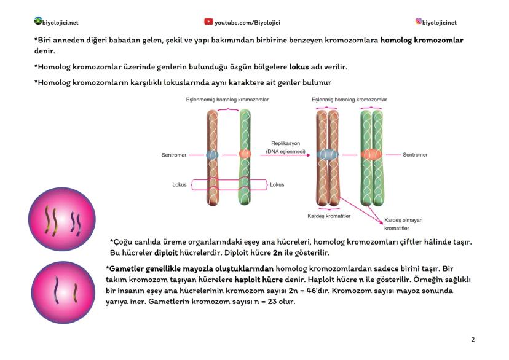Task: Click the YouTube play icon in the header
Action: click(208, 22)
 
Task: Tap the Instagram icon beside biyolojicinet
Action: click(419, 22)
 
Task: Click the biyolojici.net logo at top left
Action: click(38, 22)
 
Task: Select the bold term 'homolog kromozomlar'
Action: click(422, 39)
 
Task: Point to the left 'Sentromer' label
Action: click(174, 155)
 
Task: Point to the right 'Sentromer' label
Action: click(415, 155)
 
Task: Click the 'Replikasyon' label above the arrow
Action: click(285, 143)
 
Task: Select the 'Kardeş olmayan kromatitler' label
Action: click(403, 224)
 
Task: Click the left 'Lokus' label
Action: click(180, 184)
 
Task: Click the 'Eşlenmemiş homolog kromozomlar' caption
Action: click(227, 100)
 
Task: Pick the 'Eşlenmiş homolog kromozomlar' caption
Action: click(349, 100)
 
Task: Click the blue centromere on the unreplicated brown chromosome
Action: click(212, 155)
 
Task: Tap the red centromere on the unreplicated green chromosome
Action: click(245, 154)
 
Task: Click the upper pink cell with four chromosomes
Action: click(61, 219)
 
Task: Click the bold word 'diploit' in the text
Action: click(166, 252)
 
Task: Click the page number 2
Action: click(473, 339)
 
